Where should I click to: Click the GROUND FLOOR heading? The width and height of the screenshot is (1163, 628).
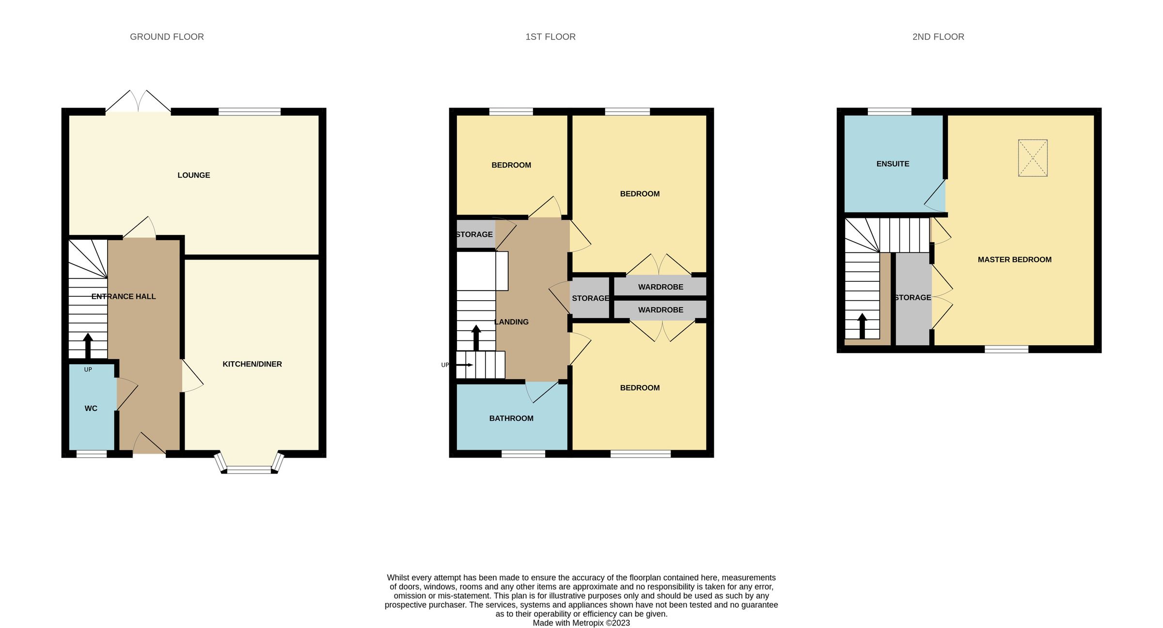coord(167,37)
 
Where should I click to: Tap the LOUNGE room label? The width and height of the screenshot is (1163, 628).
coord(193,175)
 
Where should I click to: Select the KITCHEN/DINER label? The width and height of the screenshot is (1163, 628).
coord(252,364)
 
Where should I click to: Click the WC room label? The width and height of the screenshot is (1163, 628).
coord(91,409)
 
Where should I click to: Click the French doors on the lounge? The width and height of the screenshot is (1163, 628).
coord(138,102)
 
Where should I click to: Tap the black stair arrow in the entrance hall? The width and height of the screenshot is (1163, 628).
coord(88,345)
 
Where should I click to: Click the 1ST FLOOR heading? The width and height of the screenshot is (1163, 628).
coord(550,37)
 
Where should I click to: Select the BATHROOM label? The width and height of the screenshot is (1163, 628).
coord(511,418)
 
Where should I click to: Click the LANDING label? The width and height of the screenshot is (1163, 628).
coord(511,322)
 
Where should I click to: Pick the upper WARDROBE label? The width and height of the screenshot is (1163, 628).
coord(660,287)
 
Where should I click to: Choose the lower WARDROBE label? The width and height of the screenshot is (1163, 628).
coord(660,310)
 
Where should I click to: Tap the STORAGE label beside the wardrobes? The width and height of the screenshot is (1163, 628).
coord(590,298)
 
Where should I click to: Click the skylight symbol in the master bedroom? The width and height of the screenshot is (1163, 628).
coord(1033,158)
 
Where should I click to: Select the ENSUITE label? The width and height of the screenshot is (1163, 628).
coord(893,164)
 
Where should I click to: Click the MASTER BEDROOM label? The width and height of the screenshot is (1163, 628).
coord(1014,260)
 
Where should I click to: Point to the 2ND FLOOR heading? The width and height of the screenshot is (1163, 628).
coord(938,37)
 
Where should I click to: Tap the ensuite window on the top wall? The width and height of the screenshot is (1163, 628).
coord(889,111)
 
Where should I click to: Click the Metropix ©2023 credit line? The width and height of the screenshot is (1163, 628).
coord(581,623)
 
